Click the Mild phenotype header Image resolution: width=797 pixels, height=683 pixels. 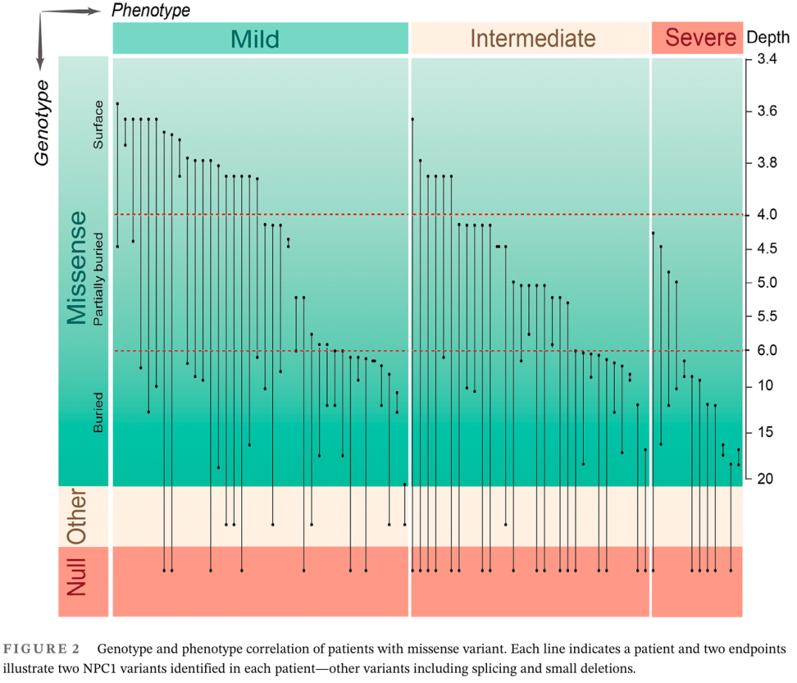click(x=255, y=38)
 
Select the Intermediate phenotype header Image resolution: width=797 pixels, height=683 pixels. click(x=532, y=38)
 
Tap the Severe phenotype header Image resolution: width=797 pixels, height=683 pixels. click(x=700, y=38)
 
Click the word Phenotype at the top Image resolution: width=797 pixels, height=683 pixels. click(x=151, y=10)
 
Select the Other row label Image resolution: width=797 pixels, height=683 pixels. click(x=76, y=516)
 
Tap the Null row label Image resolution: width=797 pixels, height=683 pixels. click(x=76, y=577)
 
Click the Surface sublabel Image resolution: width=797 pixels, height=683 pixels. click(x=98, y=125)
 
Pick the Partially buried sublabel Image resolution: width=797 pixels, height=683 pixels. click(x=98, y=280)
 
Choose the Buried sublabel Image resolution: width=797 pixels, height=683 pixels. click(x=98, y=417)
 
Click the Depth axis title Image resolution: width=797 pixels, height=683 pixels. click(x=763, y=38)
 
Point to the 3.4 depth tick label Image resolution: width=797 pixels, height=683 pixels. click(x=766, y=59)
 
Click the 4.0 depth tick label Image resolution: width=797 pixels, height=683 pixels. click(x=766, y=215)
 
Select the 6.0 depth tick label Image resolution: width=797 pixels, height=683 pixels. click(x=766, y=351)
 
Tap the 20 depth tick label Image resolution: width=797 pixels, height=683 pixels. click(x=765, y=478)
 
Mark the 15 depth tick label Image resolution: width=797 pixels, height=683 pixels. click(x=765, y=432)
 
